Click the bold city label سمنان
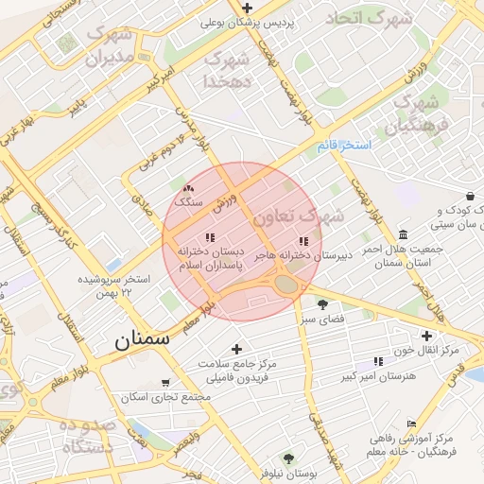tap(142, 341)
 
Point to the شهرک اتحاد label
tap(370, 18)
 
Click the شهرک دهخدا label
tap(225, 70)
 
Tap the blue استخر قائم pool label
tap(345, 146)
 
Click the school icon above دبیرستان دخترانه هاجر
tap(302, 241)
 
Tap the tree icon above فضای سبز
tap(322, 304)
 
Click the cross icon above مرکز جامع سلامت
tap(237, 350)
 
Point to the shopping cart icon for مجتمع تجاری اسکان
tap(166, 383)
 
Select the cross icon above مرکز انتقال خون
tap(427, 336)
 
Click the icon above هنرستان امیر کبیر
tap(378, 361)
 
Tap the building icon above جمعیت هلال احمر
tap(404, 234)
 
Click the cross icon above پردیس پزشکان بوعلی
tap(247, 8)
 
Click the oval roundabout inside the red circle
tap(286, 283)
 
